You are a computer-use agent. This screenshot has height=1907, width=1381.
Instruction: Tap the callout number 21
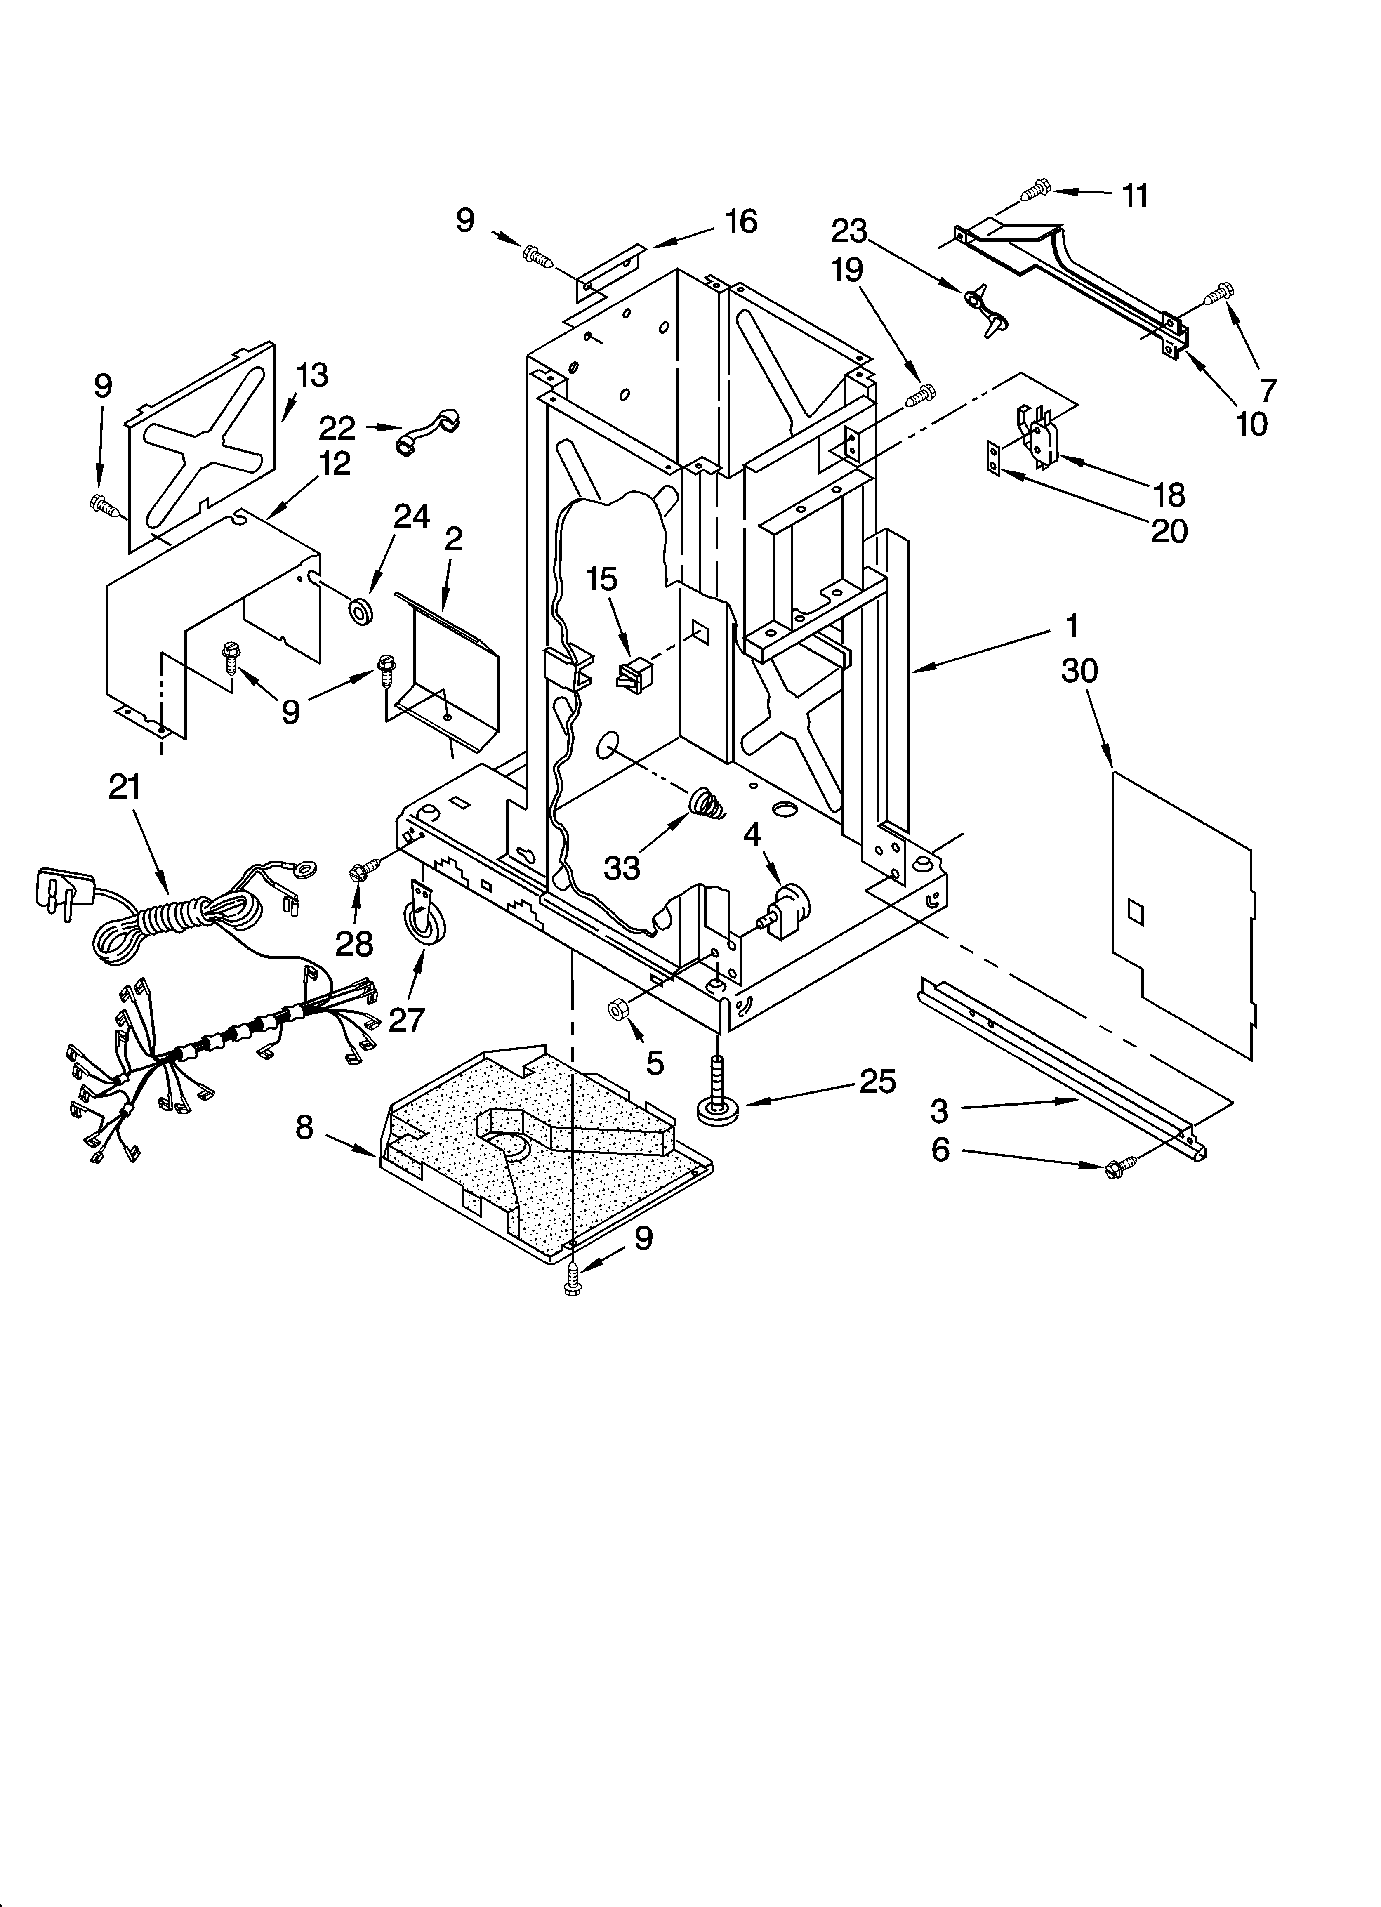click(x=125, y=787)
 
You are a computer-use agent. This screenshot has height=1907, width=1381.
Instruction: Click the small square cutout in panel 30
click(x=1136, y=910)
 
